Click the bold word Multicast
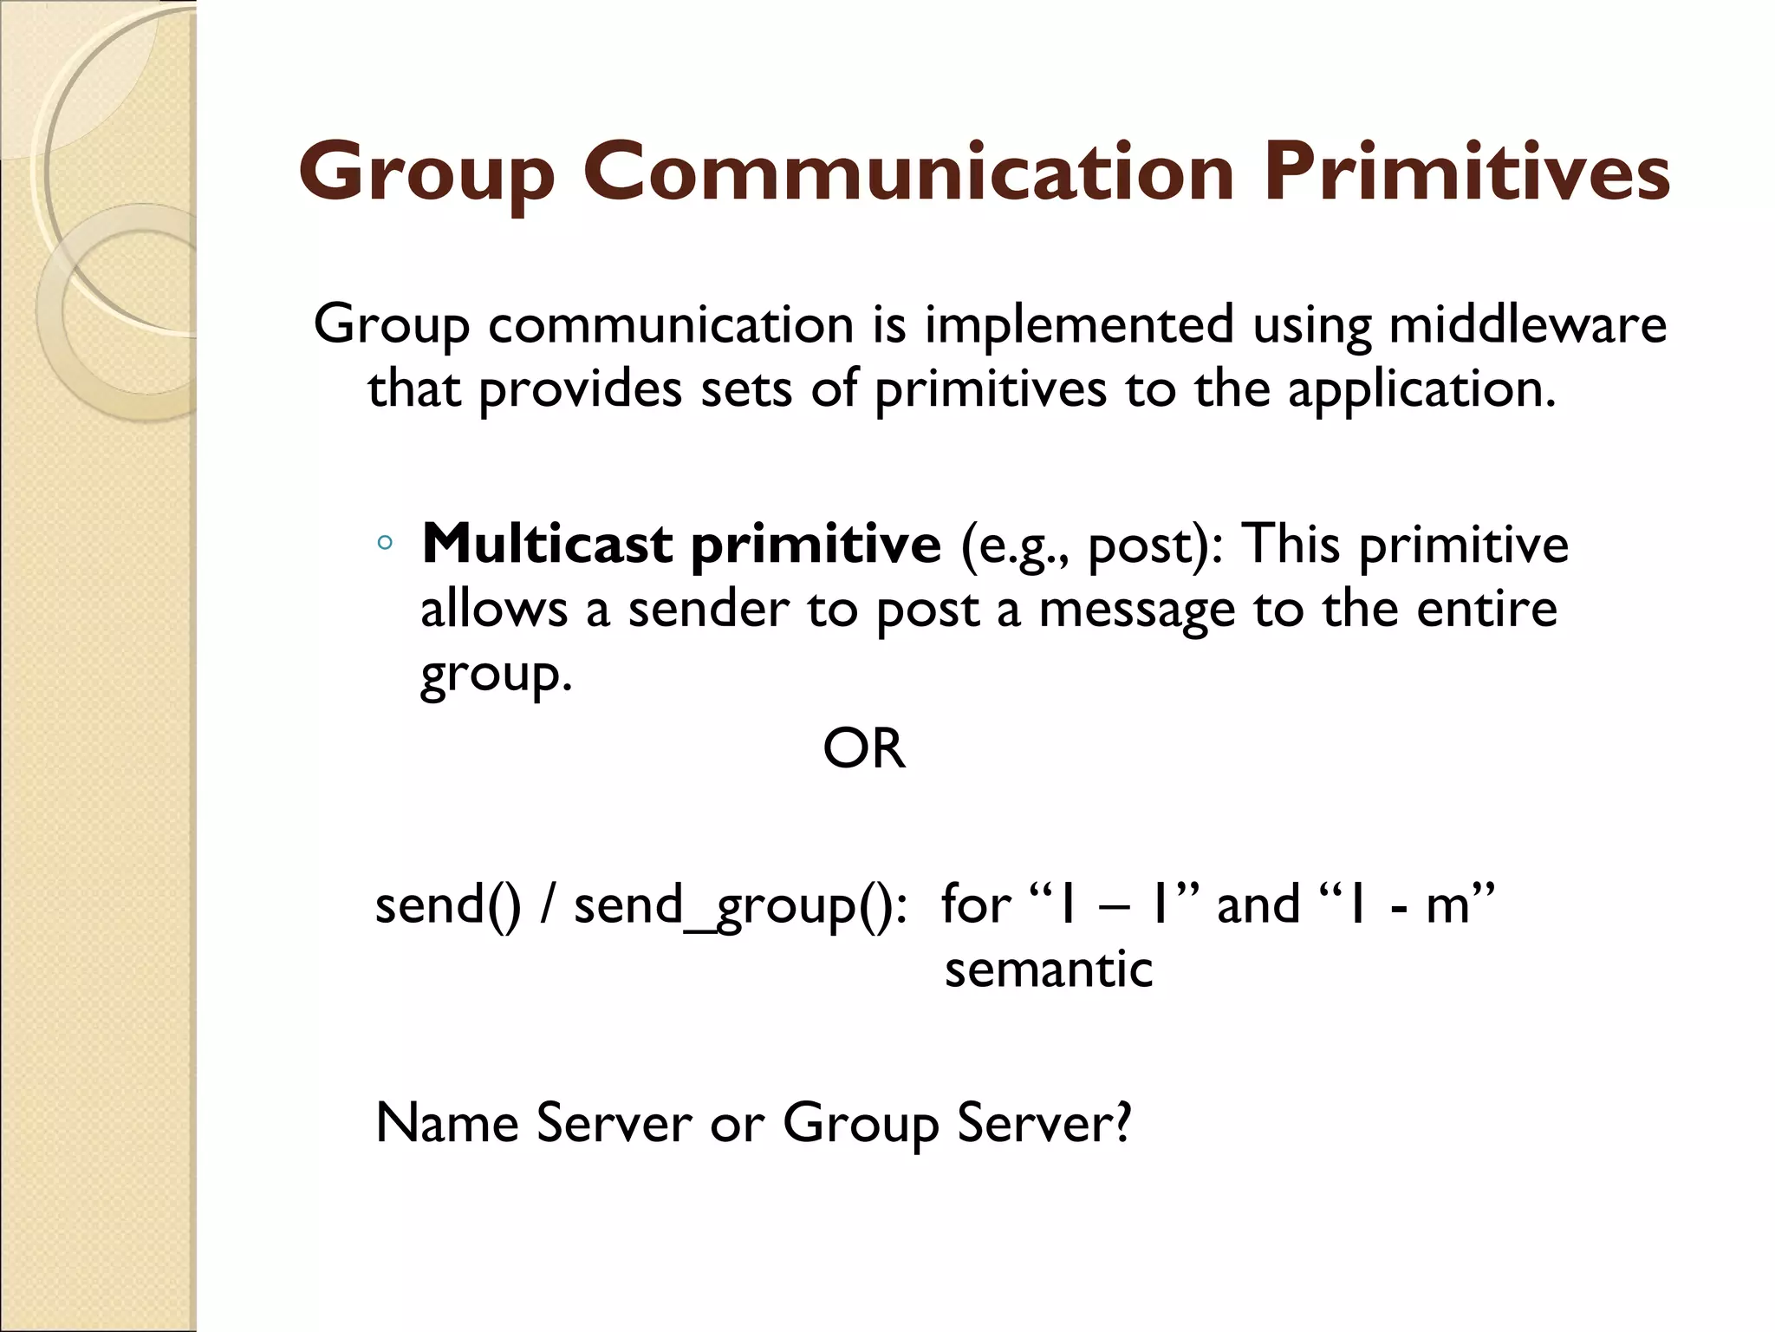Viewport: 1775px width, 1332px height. click(x=547, y=544)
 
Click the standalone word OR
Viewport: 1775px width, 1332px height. click(x=864, y=748)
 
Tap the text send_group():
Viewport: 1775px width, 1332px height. click(x=741, y=905)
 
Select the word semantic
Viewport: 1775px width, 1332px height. click(x=1049, y=969)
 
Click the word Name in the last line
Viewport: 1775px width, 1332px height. click(x=446, y=1123)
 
